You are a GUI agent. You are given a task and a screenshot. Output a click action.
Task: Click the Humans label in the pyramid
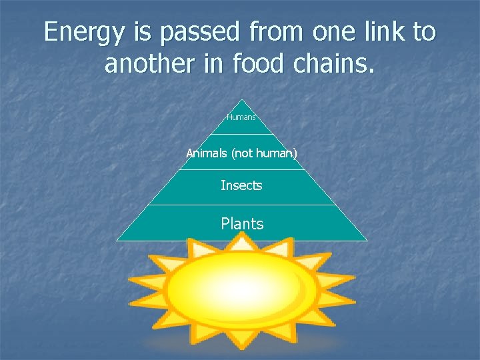point(241,117)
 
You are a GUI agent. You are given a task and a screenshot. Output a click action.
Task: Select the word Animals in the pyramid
point(207,154)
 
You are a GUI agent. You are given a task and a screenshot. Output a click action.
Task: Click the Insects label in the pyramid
point(241,185)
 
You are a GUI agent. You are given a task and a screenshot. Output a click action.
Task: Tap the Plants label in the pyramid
point(242,224)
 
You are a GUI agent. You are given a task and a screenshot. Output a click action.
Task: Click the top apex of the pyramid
point(242,100)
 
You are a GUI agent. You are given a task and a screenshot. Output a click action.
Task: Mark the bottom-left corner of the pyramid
point(117,240)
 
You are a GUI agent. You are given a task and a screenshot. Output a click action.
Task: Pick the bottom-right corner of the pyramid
point(367,240)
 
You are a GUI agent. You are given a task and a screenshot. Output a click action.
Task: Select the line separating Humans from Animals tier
point(242,135)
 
